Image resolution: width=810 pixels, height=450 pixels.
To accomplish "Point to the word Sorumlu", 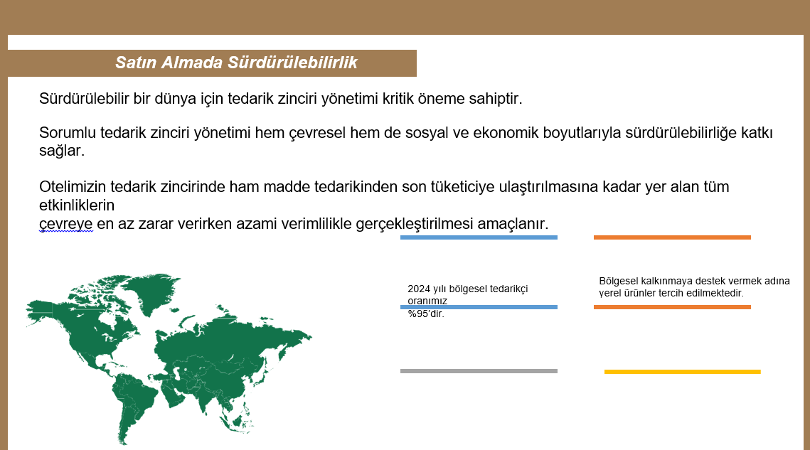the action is (68, 133).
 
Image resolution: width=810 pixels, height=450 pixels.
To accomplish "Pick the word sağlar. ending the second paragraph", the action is (61, 151).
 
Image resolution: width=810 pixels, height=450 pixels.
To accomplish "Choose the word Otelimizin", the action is (73, 186).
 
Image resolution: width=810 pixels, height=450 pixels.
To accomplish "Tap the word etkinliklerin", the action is (77, 205).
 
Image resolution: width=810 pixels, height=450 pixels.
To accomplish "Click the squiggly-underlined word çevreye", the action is (66, 225).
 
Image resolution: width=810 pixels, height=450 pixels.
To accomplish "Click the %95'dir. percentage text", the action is (426, 314).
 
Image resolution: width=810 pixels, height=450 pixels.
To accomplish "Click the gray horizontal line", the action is (479, 371).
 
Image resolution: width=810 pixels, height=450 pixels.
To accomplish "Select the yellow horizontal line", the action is (683, 372).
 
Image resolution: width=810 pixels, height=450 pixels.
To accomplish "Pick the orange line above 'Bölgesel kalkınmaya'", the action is (672, 237).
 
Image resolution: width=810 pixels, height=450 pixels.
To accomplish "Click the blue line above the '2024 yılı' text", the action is (479, 237).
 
